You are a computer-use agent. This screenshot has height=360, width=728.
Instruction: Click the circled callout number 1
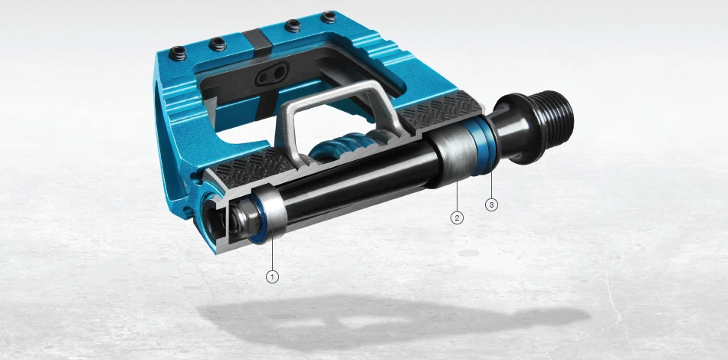pos(272,275)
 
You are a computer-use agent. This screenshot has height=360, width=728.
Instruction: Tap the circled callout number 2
pos(457,218)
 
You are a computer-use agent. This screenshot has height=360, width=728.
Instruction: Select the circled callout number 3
pos(491,205)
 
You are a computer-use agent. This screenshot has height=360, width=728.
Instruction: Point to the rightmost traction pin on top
pos(329,16)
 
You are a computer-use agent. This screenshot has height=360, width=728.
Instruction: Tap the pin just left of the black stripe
pos(219,42)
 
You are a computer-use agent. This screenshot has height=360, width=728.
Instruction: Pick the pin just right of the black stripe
pos(292,26)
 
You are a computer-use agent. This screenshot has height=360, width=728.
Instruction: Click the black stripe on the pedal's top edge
pos(253,38)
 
